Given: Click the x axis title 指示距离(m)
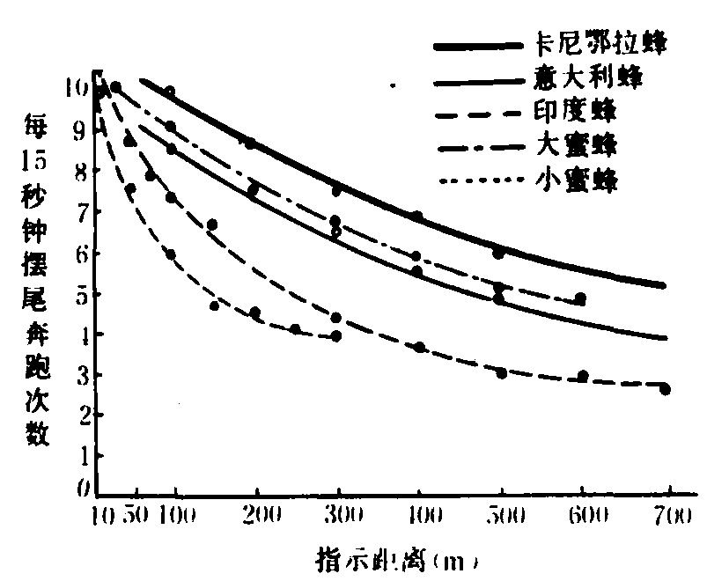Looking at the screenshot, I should pyautogui.click(x=397, y=559).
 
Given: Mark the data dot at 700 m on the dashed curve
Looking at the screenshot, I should pyautogui.click(x=665, y=389).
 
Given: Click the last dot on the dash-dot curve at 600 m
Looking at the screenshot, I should pyautogui.click(x=580, y=298).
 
